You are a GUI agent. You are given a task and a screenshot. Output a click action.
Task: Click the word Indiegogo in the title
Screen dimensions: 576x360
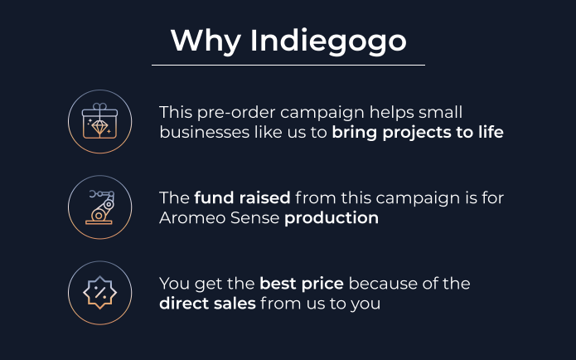(x=328, y=41)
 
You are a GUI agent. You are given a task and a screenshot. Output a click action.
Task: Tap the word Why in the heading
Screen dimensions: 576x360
(x=206, y=41)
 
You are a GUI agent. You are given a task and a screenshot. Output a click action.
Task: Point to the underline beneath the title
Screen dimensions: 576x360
(x=288, y=65)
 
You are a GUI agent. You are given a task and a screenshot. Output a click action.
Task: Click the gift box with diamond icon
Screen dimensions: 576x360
(x=100, y=121)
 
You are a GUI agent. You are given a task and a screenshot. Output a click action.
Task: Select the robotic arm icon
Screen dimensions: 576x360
(x=99, y=207)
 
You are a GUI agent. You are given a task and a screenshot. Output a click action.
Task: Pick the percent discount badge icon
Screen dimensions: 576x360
(x=100, y=293)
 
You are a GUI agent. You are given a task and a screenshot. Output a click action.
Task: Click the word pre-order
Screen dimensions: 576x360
(x=236, y=113)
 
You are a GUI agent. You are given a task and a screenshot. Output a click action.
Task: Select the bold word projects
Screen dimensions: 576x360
(x=417, y=133)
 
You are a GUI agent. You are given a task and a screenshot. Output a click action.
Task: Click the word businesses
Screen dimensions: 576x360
(x=204, y=132)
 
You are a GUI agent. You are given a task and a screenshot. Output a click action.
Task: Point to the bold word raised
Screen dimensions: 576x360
(x=264, y=198)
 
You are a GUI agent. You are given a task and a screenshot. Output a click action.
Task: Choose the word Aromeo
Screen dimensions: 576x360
(x=192, y=217)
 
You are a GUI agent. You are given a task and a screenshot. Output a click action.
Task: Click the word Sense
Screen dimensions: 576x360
(x=254, y=217)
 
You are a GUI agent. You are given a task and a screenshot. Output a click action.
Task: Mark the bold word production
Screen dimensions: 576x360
(x=332, y=218)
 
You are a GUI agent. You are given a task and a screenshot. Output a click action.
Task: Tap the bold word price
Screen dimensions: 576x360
(x=322, y=285)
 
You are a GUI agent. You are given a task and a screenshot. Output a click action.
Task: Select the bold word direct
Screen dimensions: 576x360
(x=180, y=304)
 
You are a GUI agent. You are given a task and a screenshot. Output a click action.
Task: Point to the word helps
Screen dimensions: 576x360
(x=391, y=113)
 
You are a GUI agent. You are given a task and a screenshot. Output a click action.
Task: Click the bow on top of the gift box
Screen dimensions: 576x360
(x=100, y=106)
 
